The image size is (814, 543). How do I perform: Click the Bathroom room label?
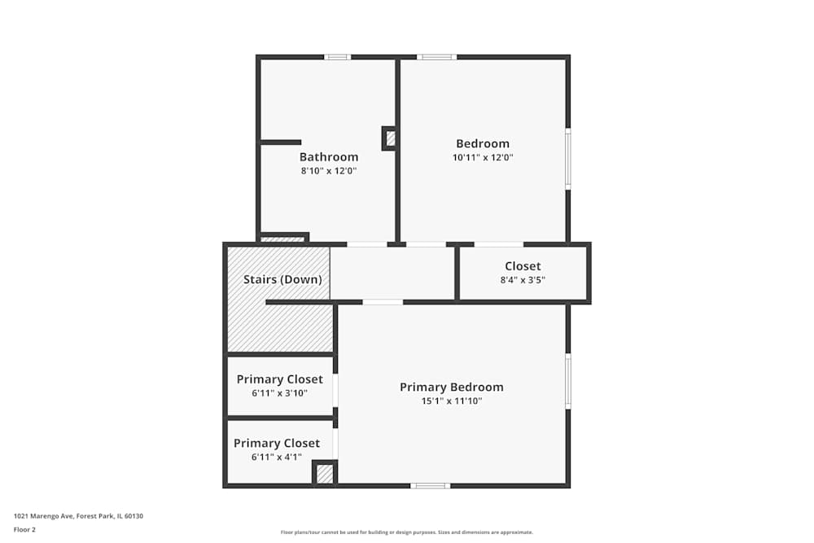tap(329, 157)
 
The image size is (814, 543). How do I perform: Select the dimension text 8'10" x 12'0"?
tap(329, 171)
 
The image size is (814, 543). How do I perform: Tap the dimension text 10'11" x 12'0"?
tap(483, 157)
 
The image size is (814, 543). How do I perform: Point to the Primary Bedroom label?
tap(451, 387)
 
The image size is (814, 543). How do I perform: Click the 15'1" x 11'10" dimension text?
tap(451, 401)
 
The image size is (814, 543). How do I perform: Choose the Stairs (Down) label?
tap(282, 279)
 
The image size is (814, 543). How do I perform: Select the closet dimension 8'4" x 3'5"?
tap(523, 279)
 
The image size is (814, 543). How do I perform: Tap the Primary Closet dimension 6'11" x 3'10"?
tap(279, 393)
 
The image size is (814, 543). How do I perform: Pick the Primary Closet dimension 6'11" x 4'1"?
tap(277, 457)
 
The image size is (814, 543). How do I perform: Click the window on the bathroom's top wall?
tap(337, 57)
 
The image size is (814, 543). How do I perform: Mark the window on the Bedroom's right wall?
tap(568, 159)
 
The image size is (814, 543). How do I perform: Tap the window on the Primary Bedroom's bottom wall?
tap(430, 486)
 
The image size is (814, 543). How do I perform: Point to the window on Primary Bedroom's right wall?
tap(568, 381)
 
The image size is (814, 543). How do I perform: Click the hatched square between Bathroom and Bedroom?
tap(391, 138)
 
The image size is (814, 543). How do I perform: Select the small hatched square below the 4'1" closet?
tap(325, 473)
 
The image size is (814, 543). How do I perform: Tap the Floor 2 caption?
tap(24, 529)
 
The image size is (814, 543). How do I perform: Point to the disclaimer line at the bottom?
tap(407, 532)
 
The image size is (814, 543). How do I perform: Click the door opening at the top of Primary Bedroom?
tap(383, 302)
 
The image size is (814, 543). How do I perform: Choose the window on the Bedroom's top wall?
tap(437, 57)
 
